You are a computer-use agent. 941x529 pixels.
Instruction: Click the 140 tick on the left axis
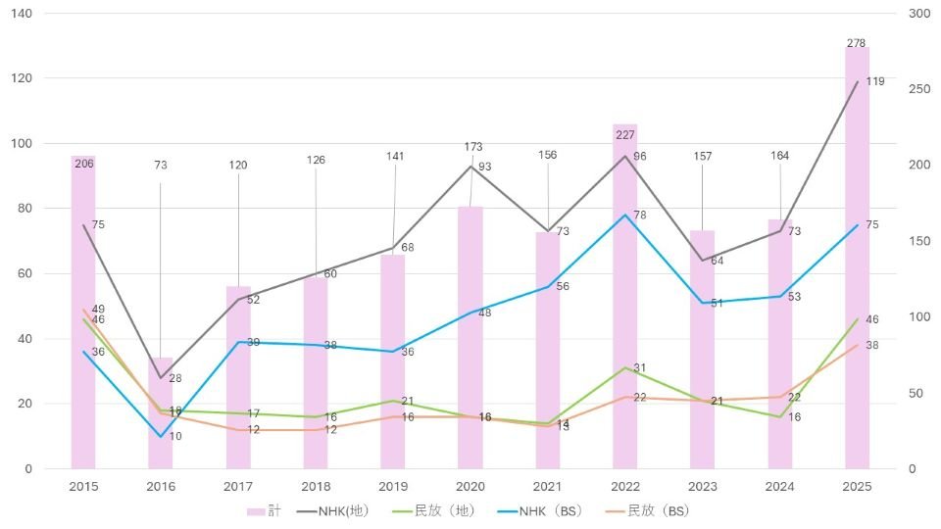(22, 14)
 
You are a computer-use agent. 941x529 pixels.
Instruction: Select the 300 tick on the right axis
(919, 14)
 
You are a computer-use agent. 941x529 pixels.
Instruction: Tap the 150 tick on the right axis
(919, 241)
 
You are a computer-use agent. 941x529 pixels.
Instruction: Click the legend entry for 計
(265, 510)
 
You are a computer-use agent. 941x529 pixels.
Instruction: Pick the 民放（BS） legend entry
(646, 510)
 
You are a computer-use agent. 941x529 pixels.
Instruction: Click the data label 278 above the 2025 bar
(857, 43)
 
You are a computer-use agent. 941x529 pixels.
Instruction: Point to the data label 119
(875, 81)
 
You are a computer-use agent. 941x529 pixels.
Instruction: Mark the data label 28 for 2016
(175, 378)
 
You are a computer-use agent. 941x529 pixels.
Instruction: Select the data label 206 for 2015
(84, 163)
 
